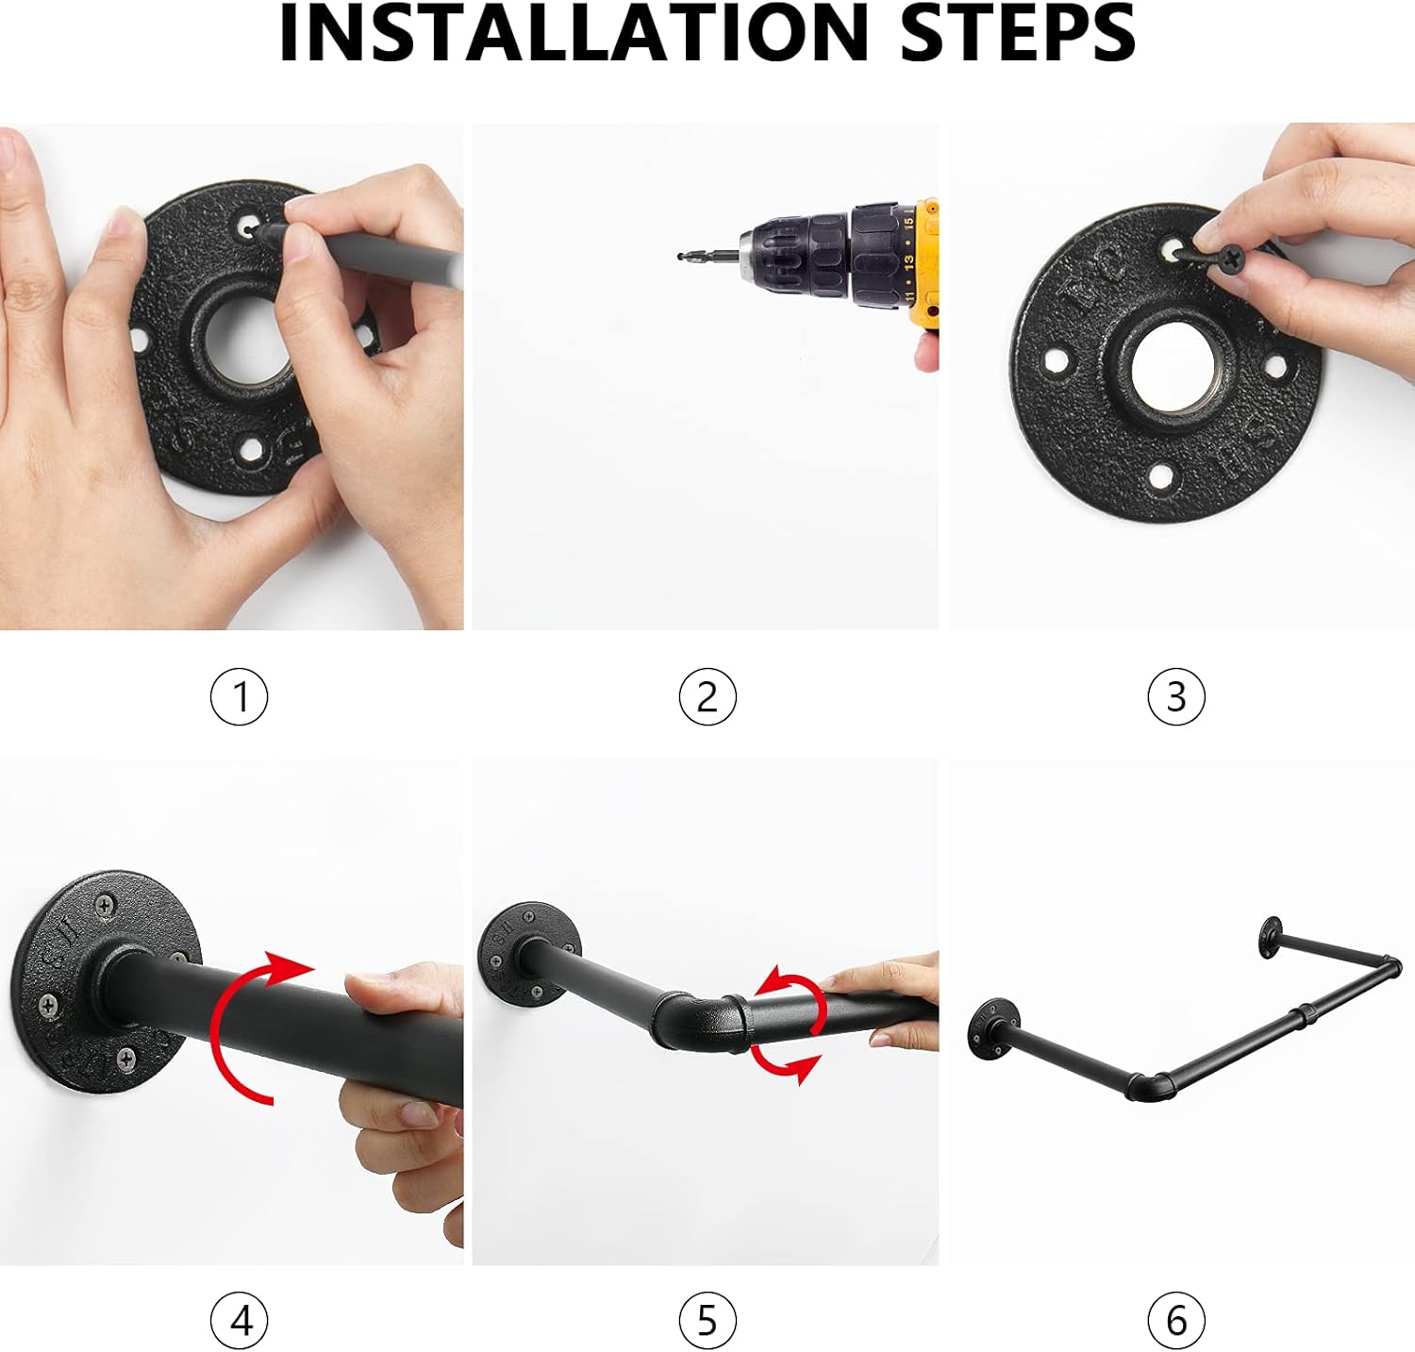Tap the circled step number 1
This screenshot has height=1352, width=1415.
[x=239, y=697]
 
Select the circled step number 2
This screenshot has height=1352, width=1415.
[x=707, y=697]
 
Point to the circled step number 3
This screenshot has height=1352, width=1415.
[x=1176, y=697]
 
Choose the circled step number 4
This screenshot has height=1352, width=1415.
[x=239, y=1320]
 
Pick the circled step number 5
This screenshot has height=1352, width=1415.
[x=707, y=1320]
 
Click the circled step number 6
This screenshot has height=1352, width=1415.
[x=1176, y=1320]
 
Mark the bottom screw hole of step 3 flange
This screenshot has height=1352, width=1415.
[x=1160, y=477]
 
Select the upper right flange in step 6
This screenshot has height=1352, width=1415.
[x=1273, y=933]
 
